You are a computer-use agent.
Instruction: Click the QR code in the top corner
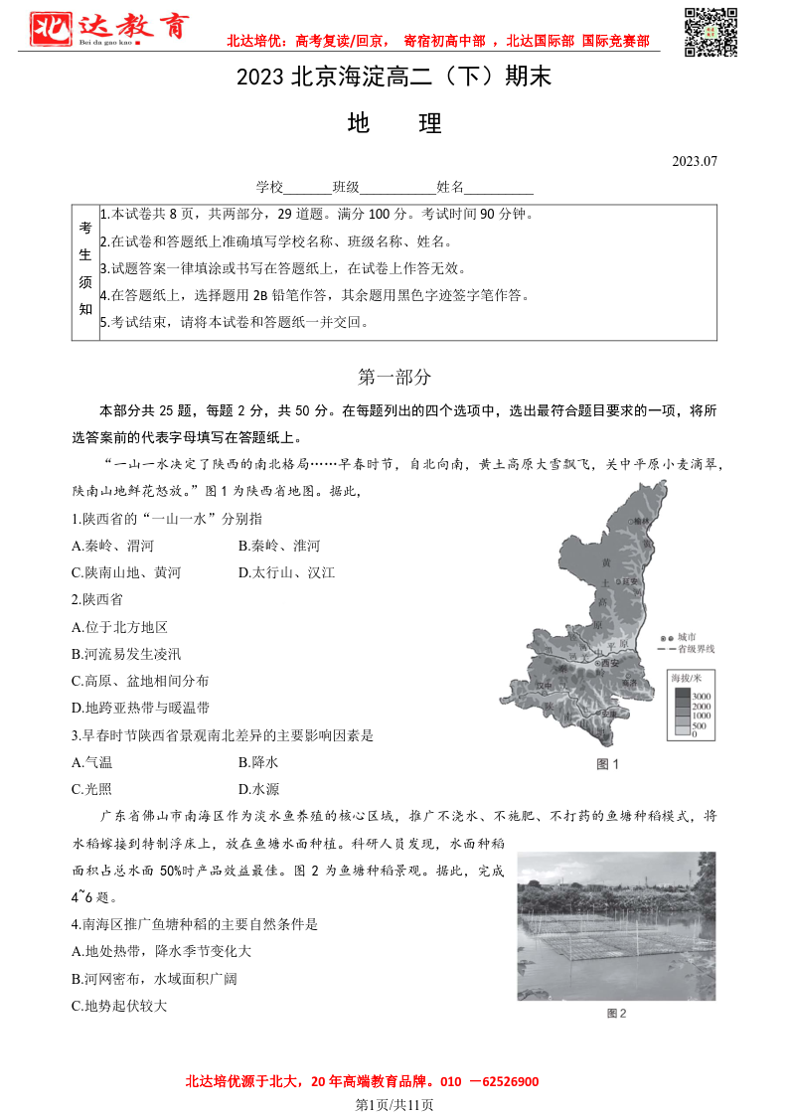coord(710,32)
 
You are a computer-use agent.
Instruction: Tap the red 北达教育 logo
coord(107,29)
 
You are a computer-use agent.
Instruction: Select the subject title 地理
coord(394,123)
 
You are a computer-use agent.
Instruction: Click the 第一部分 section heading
coord(394,378)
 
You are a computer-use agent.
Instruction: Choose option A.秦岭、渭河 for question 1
coord(113,546)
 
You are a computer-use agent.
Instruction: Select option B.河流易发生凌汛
coord(126,654)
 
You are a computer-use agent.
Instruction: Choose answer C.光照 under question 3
coord(92,789)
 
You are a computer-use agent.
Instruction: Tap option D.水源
coord(258,789)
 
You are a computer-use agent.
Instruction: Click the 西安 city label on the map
coord(609,662)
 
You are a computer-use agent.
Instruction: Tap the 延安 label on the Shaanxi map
coord(628,581)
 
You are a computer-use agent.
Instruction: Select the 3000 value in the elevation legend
coord(702,696)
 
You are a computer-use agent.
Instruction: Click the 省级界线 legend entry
coord(696,649)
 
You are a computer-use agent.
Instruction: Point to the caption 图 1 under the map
coord(607,764)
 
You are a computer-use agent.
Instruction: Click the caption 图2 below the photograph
coord(616,1014)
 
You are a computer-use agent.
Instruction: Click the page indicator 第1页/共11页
coord(394,1104)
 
